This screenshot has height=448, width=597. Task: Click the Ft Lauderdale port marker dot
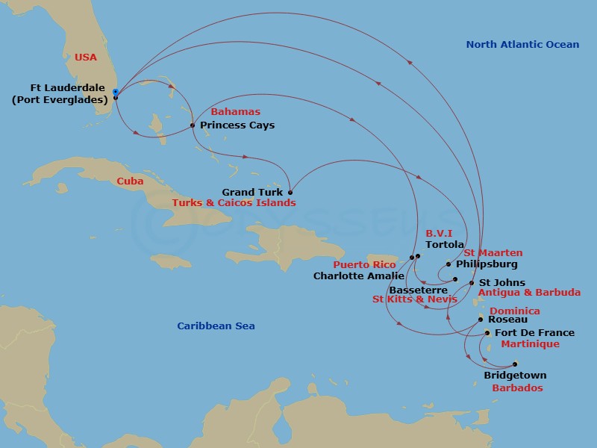point(115,93)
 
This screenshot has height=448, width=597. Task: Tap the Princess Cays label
point(237,125)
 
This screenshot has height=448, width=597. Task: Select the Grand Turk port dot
point(290,192)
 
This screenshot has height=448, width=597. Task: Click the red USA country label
point(86,57)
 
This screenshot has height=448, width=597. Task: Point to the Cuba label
point(131,181)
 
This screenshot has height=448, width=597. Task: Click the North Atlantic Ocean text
point(522,45)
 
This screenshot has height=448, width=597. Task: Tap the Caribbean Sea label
point(216,326)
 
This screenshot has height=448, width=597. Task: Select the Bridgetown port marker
point(514,364)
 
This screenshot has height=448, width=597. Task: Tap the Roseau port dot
point(481,319)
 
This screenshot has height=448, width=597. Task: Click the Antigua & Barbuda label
point(529,293)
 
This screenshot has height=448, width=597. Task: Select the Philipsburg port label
point(486,264)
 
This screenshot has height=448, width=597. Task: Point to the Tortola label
point(445,245)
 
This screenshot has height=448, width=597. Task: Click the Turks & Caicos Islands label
point(234,203)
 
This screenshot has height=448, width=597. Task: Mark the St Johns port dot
point(472,283)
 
